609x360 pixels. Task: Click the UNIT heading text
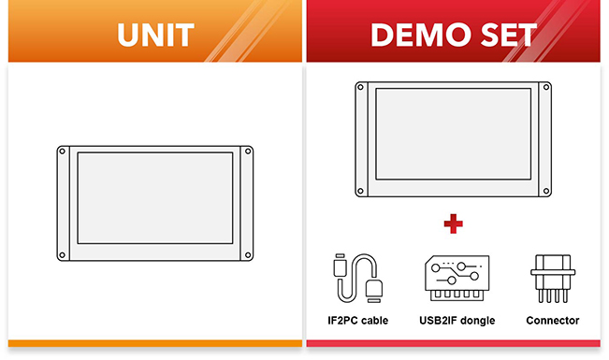(155, 35)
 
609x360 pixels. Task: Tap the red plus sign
(454, 223)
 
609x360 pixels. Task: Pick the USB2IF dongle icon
(456, 277)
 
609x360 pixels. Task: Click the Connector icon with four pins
(553, 278)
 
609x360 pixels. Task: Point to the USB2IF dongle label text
(456, 321)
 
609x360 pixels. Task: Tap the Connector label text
(553, 321)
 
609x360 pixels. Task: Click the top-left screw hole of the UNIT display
(63, 151)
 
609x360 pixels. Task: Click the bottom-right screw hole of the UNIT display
(248, 254)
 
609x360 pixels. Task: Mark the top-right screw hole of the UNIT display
(248, 151)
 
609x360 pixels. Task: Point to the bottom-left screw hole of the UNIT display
(63, 254)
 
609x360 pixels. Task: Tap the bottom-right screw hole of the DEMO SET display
(546, 191)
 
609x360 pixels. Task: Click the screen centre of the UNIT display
(155, 203)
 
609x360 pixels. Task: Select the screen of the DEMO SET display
(454, 139)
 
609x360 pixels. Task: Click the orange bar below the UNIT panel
(155, 344)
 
